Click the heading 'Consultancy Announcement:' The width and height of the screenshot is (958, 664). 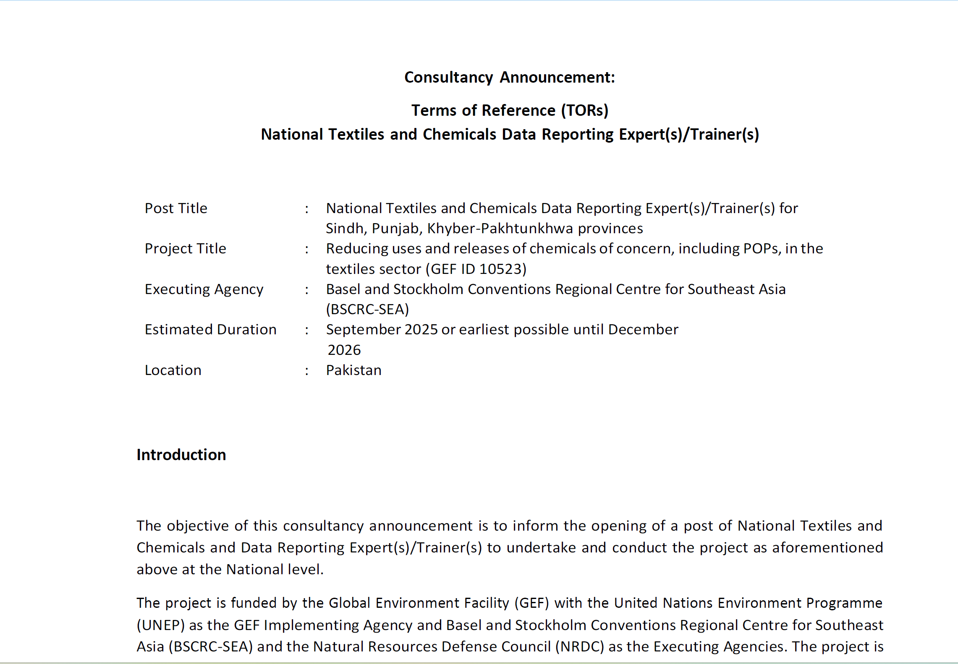point(509,78)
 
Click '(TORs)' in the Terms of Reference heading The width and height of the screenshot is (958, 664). point(585,111)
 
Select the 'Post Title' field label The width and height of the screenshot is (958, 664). point(176,208)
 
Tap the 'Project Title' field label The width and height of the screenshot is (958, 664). point(185,249)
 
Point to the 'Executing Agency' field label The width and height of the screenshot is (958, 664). point(204,289)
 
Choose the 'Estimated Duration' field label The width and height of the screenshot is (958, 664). point(210,330)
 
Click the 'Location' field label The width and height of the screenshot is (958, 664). point(173,370)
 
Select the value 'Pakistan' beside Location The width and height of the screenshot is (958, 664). point(353,370)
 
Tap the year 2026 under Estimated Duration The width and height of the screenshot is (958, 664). point(344,350)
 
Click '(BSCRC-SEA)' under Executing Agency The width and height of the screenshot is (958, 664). point(367,310)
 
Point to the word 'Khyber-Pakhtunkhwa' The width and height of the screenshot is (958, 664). point(500,229)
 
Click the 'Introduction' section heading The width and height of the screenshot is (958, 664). point(181,455)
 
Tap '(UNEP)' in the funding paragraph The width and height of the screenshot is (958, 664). point(160,625)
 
